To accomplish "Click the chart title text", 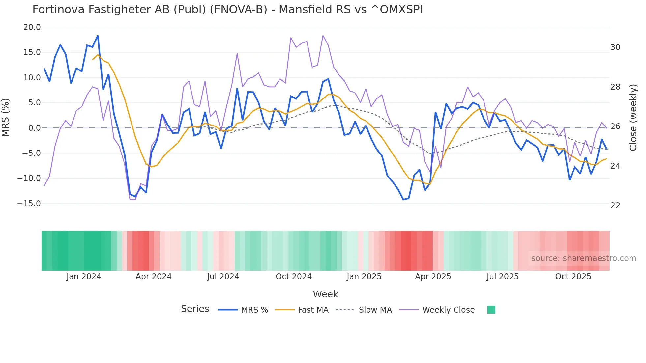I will point(227,10).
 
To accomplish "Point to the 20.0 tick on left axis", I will point(32,27).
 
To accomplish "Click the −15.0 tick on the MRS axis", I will point(29,204).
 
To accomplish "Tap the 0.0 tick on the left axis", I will point(34,128).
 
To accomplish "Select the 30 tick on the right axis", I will point(615,47).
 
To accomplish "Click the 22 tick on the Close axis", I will point(615,206).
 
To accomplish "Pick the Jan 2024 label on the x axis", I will point(84,277).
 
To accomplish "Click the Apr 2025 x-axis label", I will point(433,277).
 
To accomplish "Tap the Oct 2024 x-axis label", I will point(294,277).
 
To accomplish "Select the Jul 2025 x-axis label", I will point(502,277).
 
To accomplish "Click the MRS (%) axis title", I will point(6,117).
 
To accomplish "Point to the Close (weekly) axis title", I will point(633,118).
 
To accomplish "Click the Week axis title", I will point(325,294).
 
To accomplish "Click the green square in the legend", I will point(491,310).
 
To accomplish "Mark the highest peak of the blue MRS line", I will point(98,36).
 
